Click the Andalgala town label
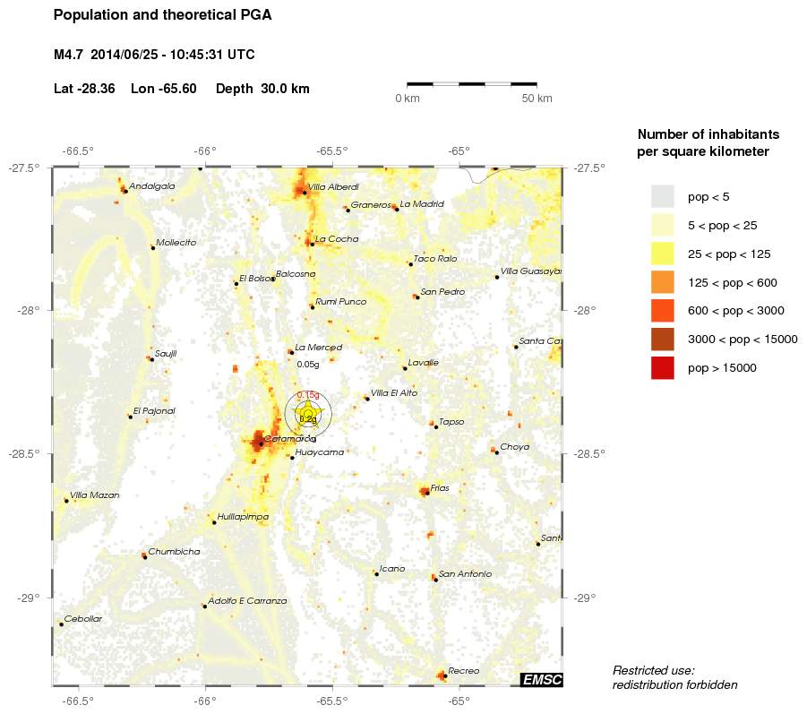[x=151, y=186]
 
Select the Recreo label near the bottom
[x=463, y=671]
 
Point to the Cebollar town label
[x=82, y=619]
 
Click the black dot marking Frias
[x=426, y=492]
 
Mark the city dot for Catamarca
[x=261, y=443]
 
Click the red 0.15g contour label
[x=308, y=395]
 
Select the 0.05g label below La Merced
[x=307, y=365]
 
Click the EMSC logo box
[x=541, y=680]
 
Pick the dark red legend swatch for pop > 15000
[x=662, y=367]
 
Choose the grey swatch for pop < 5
[x=662, y=196]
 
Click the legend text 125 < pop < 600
[x=732, y=283]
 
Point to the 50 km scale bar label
[x=537, y=99]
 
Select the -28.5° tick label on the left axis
[x=27, y=454]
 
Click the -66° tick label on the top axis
[x=205, y=151]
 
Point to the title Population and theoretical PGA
[x=162, y=15]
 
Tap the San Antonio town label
[x=465, y=573]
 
